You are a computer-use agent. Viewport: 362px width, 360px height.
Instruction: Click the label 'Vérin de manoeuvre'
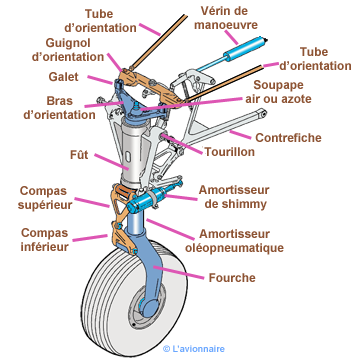point(226,18)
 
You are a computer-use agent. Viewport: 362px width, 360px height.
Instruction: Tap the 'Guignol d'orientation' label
point(68,50)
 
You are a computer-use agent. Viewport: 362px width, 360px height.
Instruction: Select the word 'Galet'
point(63,77)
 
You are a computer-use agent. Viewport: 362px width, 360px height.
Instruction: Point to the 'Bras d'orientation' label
point(60,108)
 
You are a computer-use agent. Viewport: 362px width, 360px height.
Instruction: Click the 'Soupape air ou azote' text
point(278,92)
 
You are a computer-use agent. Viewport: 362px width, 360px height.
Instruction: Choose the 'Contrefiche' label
point(288,138)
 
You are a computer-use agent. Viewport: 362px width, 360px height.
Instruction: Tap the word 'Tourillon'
point(230,152)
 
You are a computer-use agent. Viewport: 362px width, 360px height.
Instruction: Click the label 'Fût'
point(79,155)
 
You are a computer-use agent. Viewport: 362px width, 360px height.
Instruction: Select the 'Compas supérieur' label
point(45,198)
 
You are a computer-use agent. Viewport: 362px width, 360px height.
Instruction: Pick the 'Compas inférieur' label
point(45,240)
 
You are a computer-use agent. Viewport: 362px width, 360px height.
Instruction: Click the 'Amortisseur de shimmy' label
point(234,197)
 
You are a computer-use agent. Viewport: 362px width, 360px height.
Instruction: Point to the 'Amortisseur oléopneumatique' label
point(234,241)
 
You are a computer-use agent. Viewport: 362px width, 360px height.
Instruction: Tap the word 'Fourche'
point(232,278)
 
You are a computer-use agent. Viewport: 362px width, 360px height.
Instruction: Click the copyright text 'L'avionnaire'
point(194,349)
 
